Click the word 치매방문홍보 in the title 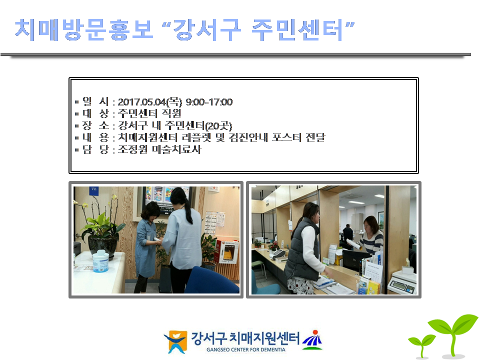point(84,29)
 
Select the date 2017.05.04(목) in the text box point(149,102)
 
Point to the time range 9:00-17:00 point(209,102)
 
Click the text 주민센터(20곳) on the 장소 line point(198,125)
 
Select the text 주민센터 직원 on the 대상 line point(149,113)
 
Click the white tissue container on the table point(100,261)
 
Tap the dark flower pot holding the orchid point(102,246)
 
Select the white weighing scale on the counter point(402,281)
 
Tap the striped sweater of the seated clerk point(371,241)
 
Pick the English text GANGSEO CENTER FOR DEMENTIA point(246,349)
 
